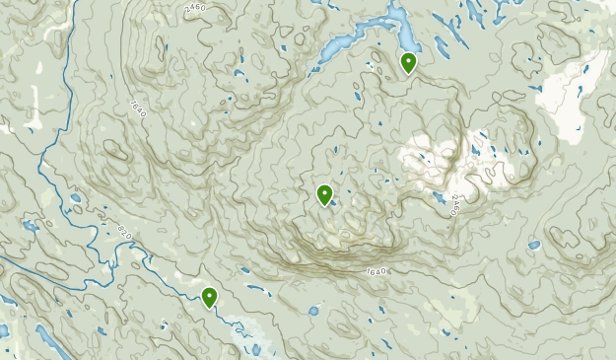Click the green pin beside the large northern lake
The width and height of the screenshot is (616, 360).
[408, 63]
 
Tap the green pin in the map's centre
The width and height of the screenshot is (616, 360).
[324, 194]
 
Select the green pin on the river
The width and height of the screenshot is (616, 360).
[209, 296]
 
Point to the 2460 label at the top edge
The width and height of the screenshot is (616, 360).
[199, 9]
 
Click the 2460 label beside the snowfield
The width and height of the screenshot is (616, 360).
[455, 206]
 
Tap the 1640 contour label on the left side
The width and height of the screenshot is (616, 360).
[136, 108]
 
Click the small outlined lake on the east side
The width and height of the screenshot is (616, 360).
[533, 245]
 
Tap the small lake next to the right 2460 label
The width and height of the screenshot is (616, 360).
[437, 197]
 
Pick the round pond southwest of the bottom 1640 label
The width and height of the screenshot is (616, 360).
[313, 311]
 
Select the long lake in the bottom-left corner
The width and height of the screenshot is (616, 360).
[49, 340]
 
